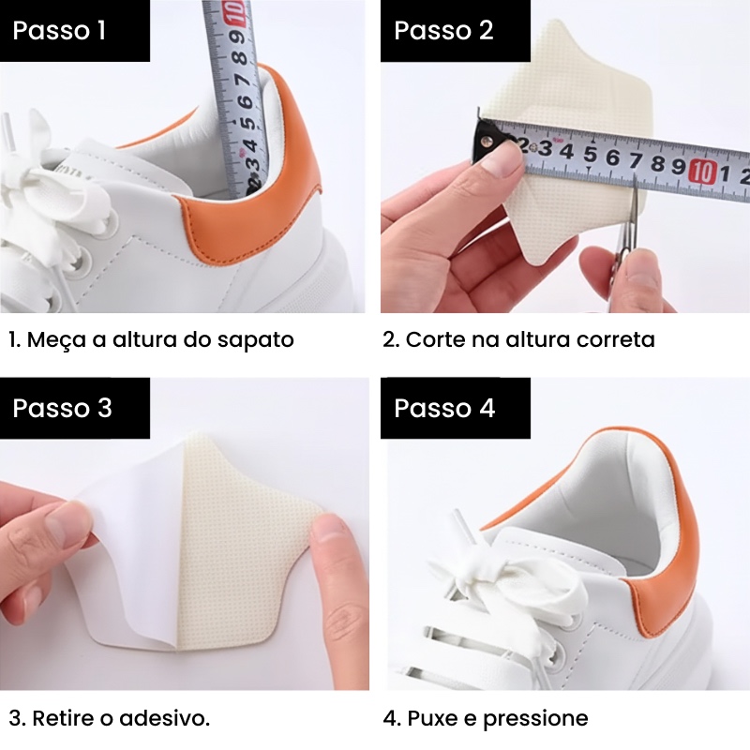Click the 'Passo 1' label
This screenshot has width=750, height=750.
point(59,30)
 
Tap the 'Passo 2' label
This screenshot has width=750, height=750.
point(443,30)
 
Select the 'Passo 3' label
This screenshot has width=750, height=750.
point(62,408)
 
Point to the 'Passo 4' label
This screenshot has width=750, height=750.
point(444,408)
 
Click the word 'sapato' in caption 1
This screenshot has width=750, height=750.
point(255,340)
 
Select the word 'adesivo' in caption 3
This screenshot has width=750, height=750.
point(163,718)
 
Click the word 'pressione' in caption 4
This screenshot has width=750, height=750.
point(535,719)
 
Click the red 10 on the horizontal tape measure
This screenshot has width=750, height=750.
point(702,172)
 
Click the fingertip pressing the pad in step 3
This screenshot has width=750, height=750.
point(330,541)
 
